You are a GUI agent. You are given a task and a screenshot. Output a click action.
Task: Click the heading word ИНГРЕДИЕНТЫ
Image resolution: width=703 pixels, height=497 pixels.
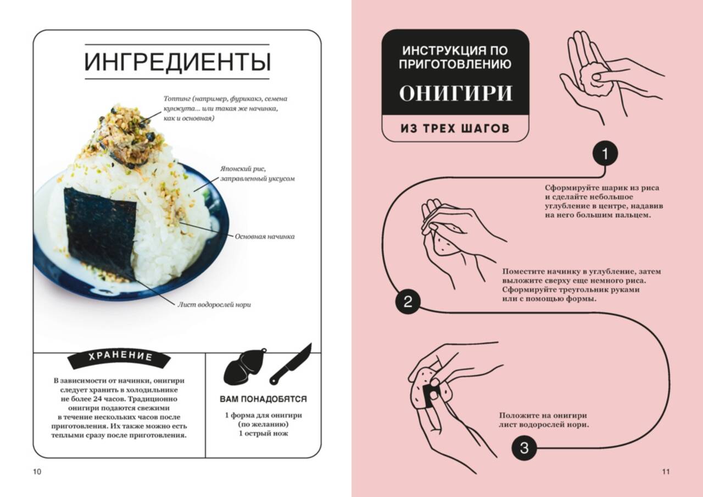point(177,62)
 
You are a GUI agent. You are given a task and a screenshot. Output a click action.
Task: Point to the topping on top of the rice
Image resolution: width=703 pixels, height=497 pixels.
point(132,135)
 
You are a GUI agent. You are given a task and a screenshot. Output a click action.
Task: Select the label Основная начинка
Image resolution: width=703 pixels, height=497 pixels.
point(265,237)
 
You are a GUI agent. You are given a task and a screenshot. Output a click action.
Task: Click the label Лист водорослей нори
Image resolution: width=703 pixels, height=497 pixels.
point(214,305)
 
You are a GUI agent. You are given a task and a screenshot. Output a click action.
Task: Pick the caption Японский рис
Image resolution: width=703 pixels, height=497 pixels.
point(243,169)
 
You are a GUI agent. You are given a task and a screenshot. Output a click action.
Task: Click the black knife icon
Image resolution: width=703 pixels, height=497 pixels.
point(291,364)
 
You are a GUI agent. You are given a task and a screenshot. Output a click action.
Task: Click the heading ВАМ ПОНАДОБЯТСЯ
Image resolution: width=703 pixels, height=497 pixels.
point(263,399)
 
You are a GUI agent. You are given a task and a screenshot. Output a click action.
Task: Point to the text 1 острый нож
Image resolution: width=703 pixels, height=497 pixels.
point(263,433)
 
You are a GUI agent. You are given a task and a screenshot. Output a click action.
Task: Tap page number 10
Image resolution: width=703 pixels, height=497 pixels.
point(37,472)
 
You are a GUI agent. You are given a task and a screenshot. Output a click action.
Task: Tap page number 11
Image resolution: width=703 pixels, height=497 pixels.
point(666,472)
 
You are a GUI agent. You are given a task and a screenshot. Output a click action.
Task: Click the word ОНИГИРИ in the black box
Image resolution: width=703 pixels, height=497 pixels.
point(455,93)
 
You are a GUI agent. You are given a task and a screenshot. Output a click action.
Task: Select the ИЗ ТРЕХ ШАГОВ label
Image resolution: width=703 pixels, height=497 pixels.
point(455,129)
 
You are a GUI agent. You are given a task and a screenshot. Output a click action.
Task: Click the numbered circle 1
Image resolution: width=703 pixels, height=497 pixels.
point(605,154)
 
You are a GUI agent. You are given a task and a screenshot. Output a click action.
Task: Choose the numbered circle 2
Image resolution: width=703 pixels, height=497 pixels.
point(408,302)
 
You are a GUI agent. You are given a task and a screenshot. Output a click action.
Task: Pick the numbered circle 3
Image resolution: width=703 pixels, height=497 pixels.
point(524,448)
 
